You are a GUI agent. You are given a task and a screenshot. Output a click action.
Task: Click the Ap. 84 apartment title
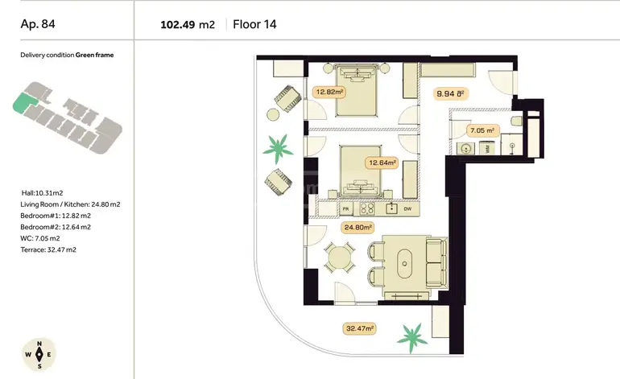pyautogui.click(x=38, y=24)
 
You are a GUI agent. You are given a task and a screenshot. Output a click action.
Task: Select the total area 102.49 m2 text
pyautogui.click(x=188, y=25)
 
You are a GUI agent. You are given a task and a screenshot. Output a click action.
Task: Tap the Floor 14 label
pyautogui.click(x=254, y=24)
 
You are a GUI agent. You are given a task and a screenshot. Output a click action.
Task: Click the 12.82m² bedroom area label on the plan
pyautogui.click(x=329, y=92)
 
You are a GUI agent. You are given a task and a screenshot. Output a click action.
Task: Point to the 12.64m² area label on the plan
pyautogui.click(x=382, y=163)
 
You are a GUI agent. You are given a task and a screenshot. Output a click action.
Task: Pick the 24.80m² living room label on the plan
pyautogui.click(x=358, y=227)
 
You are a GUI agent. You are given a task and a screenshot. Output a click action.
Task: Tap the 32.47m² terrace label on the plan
pyautogui.click(x=360, y=328)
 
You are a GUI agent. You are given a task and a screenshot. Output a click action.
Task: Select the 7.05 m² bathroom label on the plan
pyautogui.click(x=482, y=130)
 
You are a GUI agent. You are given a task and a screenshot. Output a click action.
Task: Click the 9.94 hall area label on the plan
pyautogui.click(x=450, y=93)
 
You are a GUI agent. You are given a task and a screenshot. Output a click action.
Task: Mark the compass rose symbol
pyautogui.click(x=39, y=355)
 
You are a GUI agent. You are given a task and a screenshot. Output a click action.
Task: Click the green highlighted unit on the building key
pyautogui.click(x=24, y=102)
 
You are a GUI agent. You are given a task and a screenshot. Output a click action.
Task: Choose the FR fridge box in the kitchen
pyautogui.click(x=346, y=208)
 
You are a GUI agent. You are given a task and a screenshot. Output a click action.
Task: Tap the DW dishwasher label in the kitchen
pyautogui.click(x=407, y=208)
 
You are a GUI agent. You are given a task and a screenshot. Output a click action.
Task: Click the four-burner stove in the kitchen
pyautogui.click(x=367, y=208)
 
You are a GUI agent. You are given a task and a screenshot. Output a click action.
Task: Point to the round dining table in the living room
pyautogui.click(x=338, y=258)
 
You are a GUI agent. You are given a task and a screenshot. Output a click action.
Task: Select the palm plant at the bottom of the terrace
pyautogui.click(x=412, y=337)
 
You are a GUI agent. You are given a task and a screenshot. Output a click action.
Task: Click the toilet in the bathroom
pyautogui.click(x=516, y=121)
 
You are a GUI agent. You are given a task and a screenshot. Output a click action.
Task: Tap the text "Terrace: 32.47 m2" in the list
pyautogui.click(x=48, y=249)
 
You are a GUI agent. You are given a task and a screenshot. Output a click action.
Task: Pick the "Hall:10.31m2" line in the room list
pyautogui.click(x=43, y=193)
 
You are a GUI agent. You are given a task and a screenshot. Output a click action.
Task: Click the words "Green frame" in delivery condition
pyautogui.click(x=94, y=55)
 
